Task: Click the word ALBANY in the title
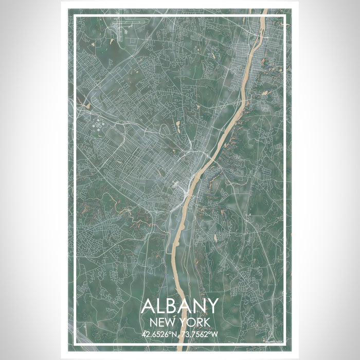pos(179,307)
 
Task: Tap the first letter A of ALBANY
pos(148,307)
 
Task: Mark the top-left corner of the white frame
pos(75,16)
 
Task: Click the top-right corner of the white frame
pos(285,16)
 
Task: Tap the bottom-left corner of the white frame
pos(75,345)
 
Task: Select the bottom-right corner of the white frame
pos(285,345)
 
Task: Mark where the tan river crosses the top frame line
pos(263,16)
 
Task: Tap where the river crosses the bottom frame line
pos(179,345)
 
